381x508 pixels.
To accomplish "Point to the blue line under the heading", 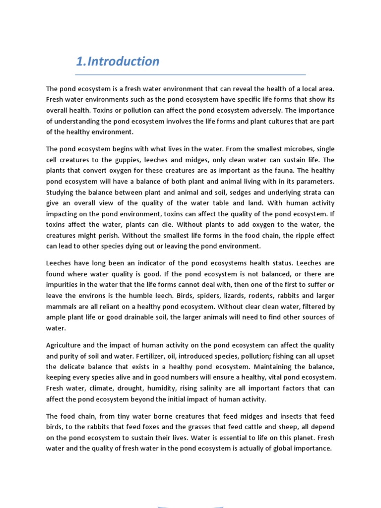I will (190, 75).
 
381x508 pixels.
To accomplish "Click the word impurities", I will (66, 285).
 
